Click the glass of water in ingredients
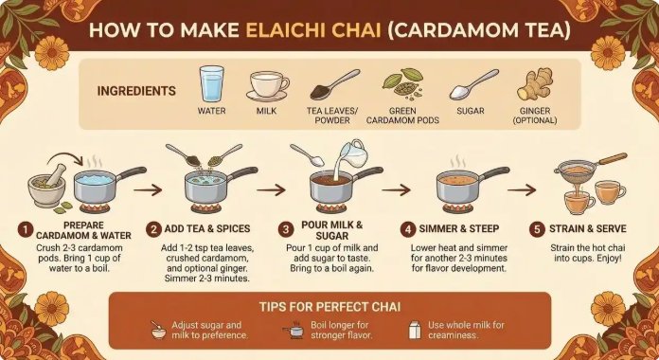[211, 83]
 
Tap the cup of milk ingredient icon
[268, 86]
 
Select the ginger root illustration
[535, 83]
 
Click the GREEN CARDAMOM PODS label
[402, 116]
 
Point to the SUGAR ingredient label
[471, 111]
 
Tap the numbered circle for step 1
[26, 229]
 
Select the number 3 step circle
[286, 229]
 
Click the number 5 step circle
[537, 229]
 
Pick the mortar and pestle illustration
[47, 185]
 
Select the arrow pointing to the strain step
[522, 190]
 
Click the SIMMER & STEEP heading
[458, 228]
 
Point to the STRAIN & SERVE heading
[588, 228]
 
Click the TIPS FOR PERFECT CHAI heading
[329, 307]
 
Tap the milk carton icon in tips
[415, 330]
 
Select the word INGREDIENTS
[136, 91]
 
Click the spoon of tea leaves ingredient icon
[335, 84]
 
